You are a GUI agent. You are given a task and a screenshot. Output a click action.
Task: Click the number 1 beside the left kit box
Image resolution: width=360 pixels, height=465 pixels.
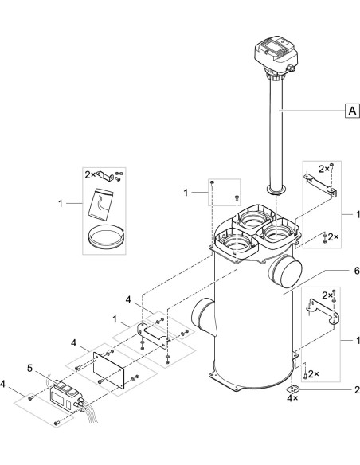coord(61,205)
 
